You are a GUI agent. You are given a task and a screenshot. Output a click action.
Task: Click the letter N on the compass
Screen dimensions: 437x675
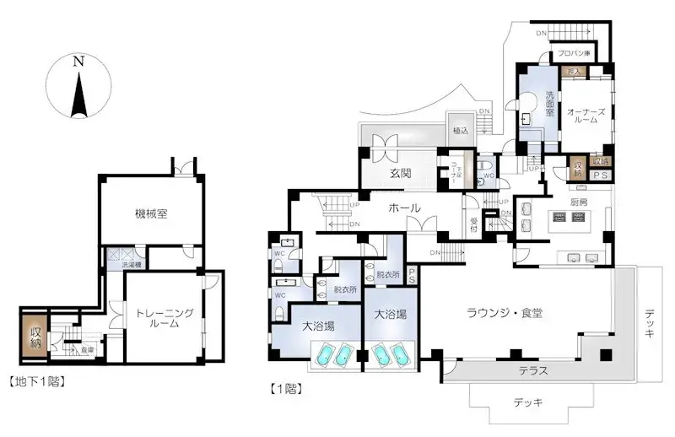point(78,61)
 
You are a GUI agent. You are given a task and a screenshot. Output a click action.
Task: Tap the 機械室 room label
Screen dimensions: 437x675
point(150,213)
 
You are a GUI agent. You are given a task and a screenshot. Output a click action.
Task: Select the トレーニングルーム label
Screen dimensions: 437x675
point(164,318)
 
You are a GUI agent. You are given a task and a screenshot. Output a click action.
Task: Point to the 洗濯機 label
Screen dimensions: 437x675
point(133,265)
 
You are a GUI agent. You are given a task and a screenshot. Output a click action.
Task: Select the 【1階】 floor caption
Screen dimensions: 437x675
point(285,389)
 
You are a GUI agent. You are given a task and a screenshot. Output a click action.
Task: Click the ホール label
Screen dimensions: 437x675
point(405,208)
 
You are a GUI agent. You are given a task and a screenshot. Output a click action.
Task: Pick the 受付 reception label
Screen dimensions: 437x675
point(474,226)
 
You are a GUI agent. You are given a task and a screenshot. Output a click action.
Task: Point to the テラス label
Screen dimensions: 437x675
point(532,370)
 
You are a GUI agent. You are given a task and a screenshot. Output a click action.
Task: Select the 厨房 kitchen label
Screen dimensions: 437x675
point(578,202)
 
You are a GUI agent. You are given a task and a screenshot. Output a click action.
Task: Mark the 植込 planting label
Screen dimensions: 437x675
point(461,130)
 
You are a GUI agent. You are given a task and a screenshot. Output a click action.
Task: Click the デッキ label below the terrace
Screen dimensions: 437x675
point(529,402)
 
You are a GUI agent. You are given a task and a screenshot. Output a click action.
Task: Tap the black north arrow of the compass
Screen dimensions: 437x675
point(78,94)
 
